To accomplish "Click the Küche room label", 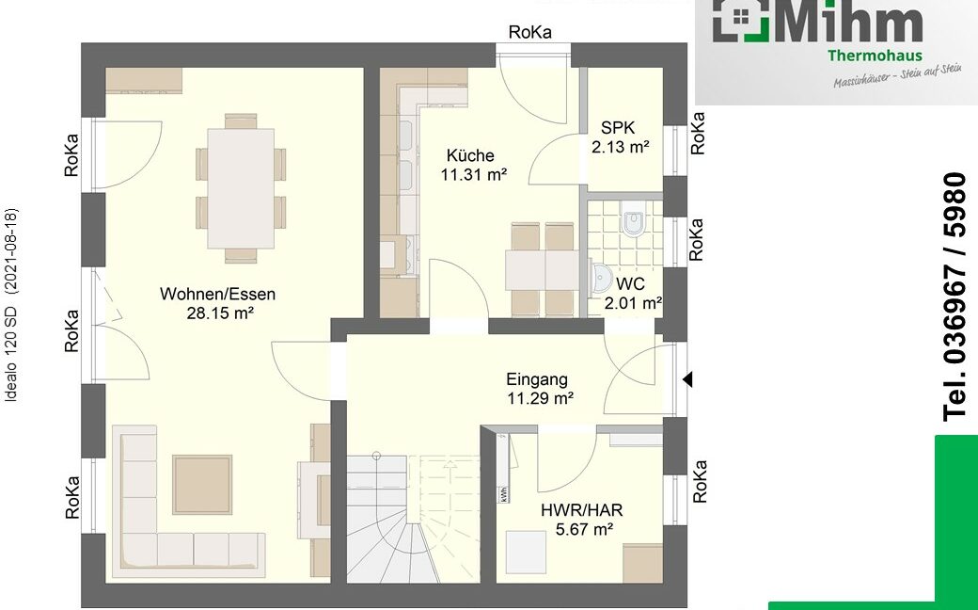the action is (470, 155).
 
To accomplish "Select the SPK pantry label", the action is (618, 128).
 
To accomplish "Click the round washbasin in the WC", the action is (601, 278).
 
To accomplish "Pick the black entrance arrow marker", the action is (687, 379).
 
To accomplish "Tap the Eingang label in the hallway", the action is (537, 379).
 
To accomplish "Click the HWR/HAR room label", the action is (581, 510).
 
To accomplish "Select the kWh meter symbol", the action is (503, 494).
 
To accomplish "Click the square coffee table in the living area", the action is (202, 485).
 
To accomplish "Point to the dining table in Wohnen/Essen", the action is (241, 188).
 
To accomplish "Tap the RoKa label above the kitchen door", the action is (530, 32).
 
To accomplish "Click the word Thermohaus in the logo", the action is (875, 56).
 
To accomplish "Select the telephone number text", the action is (955, 297).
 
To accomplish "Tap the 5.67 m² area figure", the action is (584, 530).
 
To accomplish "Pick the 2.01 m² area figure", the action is (633, 304).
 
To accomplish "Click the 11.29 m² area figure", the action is (540, 398).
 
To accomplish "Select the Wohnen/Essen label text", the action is (217, 294).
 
